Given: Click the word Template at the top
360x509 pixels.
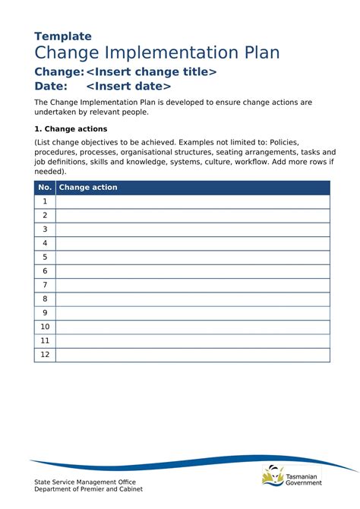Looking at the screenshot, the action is coord(63,36).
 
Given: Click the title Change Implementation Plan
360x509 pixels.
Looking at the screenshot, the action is coord(157,52).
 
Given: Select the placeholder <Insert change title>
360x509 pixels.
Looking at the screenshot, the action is coord(151,71).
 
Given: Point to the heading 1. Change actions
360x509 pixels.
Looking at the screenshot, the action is coord(71,129).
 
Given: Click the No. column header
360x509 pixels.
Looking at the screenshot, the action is coord(45,188).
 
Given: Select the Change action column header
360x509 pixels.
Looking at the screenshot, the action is coord(88,188).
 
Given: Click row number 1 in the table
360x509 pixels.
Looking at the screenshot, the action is coord(45,201).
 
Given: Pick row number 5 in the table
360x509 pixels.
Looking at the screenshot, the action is coord(45,258).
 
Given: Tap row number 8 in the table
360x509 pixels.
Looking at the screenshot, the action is coord(45,299).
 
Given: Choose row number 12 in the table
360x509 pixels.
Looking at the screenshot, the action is coord(45,355).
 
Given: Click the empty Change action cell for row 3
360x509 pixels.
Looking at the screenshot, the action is coord(193,229).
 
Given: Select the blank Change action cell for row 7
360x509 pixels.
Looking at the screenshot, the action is coord(193,285).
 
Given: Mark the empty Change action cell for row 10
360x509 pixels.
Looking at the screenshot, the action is coord(193,327).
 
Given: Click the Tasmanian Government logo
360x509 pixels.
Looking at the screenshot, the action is coord(292,476).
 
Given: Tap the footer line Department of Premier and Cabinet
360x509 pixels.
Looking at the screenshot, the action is coord(88,489).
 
